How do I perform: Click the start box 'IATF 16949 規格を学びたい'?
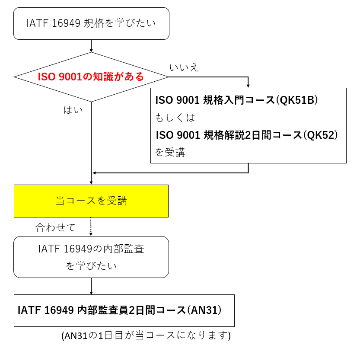point(91,23)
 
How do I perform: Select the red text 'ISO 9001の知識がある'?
point(91,77)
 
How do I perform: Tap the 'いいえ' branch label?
point(184,67)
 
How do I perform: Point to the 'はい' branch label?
point(73,110)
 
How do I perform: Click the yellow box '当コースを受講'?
point(91,201)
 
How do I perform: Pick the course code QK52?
point(320,135)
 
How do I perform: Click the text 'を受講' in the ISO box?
point(170,152)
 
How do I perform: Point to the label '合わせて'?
point(55,227)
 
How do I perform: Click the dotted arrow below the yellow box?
point(91,227)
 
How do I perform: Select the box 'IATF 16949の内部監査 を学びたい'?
point(91,257)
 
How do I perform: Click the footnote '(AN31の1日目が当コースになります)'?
point(146,335)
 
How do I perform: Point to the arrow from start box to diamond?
point(91,46)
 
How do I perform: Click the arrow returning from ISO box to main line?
point(173,173)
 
